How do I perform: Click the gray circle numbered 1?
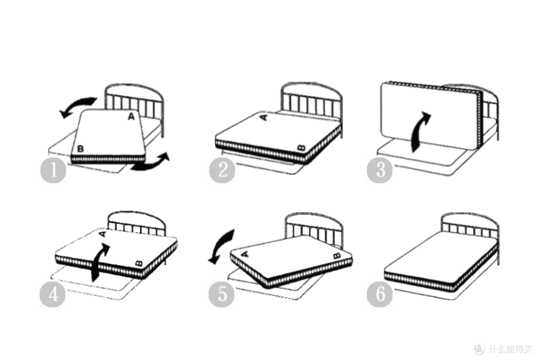[x=53, y=170]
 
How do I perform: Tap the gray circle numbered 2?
[x=222, y=170]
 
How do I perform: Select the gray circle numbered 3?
[x=380, y=170]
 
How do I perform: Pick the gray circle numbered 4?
[x=53, y=294]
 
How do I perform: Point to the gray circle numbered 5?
[x=222, y=294]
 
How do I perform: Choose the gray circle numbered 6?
[x=380, y=294]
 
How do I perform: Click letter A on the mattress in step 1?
[x=131, y=117]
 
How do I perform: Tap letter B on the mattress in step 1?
[x=80, y=149]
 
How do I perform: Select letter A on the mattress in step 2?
[x=264, y=117]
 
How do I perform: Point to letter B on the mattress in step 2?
[x=301, y=148]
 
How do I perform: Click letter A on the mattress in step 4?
[x=103, y=234]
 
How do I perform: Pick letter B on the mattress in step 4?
[x=139, y=263]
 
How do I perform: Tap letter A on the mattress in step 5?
[x=245, y=254]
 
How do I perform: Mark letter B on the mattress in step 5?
[x=337, y=256]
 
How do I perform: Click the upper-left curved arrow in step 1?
[x=77, y=104]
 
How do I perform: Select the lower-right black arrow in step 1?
[x=151, y=164]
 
